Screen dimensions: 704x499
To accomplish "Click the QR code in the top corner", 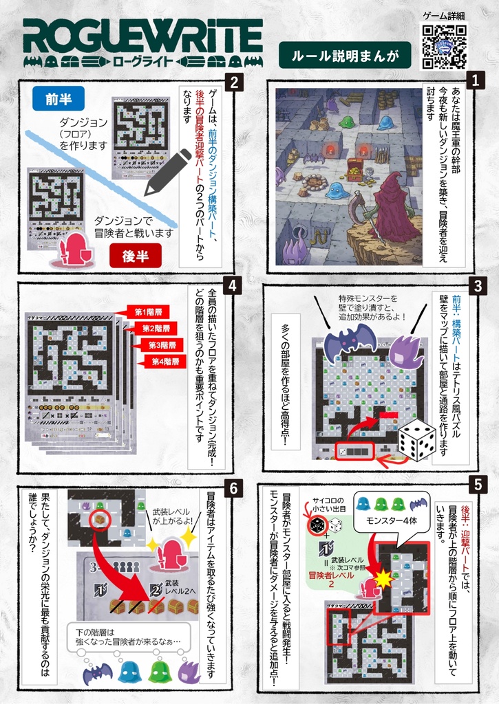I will [444, 47].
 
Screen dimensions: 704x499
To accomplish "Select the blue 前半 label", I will [59, 99].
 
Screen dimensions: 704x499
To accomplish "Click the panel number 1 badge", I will [474, 80].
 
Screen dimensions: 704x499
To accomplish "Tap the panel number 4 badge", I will [234, 286].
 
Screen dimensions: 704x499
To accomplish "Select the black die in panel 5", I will [317, 526].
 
